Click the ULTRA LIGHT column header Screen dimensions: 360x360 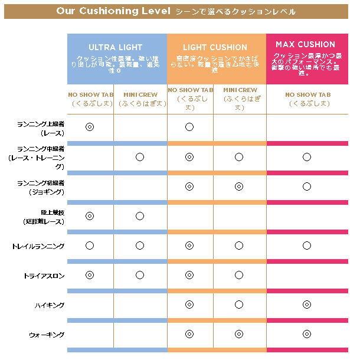click(x=116, y=47)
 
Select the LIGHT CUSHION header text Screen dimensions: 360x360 click(x=215, y=47)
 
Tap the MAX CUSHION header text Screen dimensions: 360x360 click(x=305, y=44)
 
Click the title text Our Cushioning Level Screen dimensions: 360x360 click(x=113, y=11)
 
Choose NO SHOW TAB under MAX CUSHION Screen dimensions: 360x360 click(x=307, y=94)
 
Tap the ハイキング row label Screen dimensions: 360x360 click(x=50, y=305)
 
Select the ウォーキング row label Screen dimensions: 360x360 click(x=47, y=335)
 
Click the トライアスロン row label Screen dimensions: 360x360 click(x=45, y=276)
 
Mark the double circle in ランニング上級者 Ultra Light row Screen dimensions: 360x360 click(x=90, y=127)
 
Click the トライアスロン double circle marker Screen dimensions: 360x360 click(x=90, y=275)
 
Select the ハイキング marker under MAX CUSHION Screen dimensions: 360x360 click(x=306, y=305)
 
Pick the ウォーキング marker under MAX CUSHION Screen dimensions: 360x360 click(x=306, y=334)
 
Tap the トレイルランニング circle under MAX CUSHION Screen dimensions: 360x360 click(x=306, y=246)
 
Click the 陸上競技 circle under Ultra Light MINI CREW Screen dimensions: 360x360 click(x=139, y=216)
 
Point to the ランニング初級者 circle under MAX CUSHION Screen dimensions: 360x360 click(x=306, y=186)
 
